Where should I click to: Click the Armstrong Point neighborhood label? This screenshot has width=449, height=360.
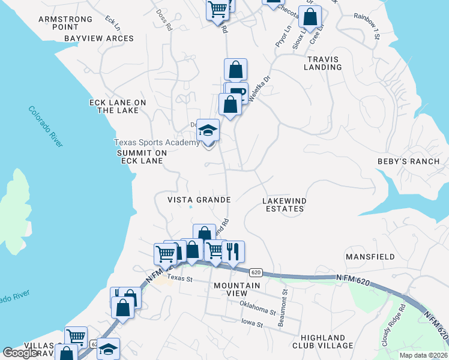point(65,23)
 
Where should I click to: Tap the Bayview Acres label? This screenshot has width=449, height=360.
point(99,38)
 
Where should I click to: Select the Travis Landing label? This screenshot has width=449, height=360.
point(323,63)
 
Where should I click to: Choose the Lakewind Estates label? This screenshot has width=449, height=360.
point(284,205)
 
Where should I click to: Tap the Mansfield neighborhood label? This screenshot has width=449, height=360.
point(370,257)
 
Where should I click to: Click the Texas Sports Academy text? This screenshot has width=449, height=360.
point(157,143)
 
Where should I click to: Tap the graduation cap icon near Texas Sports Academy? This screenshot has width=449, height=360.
point(208,130)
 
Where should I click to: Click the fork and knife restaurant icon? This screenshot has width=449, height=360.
point(233,251)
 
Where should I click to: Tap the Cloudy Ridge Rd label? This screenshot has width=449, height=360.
point(394,325)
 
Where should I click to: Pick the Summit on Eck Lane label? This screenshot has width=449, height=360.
point(141,157)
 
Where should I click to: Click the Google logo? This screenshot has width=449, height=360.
point(20,353)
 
